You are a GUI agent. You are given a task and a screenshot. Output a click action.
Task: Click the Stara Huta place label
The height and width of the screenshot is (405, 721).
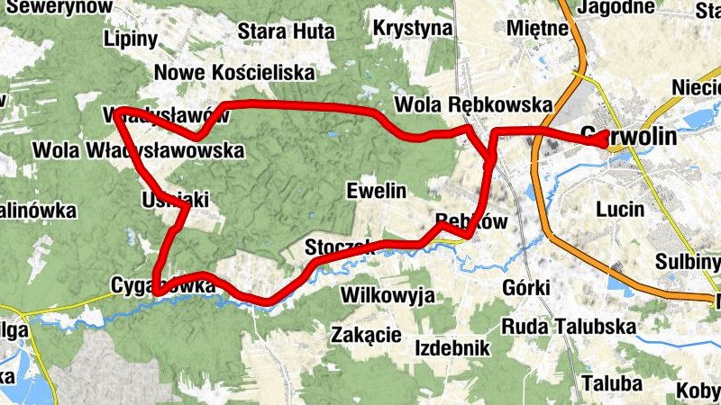(286, 31)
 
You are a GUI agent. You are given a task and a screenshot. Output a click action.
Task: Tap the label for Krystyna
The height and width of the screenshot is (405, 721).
(413, 27)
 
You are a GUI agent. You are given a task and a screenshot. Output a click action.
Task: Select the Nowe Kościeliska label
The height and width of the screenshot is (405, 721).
(234, 72)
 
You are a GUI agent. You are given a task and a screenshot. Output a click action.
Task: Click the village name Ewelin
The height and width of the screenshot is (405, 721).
(377, 190)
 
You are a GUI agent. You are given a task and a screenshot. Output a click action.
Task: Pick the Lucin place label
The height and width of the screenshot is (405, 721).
(621, 210)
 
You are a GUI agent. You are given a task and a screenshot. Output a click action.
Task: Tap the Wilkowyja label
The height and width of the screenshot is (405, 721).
(388, 295)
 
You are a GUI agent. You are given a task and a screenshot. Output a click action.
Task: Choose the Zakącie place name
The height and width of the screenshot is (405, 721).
(366, 335)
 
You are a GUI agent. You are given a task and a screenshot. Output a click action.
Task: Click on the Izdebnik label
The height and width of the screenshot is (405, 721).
(452, 347)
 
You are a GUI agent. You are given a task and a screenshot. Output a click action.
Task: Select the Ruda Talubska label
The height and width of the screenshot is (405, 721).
(570, 326)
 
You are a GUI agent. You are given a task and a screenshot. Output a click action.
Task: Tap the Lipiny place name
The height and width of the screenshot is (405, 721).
(131, 39)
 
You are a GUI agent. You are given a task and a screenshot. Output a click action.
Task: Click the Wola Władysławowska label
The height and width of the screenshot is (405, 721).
(138, 149)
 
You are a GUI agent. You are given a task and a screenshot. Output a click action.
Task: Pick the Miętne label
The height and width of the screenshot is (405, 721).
(538, 27)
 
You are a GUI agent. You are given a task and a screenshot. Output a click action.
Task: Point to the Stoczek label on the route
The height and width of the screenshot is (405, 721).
(338, 246)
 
